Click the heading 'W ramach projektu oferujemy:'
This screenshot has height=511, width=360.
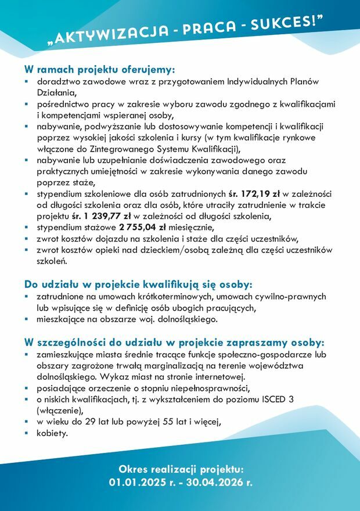pos(99,70)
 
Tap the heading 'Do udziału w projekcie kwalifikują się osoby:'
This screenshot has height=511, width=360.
pos(139,285)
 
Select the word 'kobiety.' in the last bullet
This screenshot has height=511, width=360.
pos(53,433)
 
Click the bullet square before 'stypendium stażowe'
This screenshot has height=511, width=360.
pos(27,227)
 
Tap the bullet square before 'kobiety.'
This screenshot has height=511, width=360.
pos(27,433)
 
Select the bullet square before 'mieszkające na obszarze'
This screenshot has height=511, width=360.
pos(27,319)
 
